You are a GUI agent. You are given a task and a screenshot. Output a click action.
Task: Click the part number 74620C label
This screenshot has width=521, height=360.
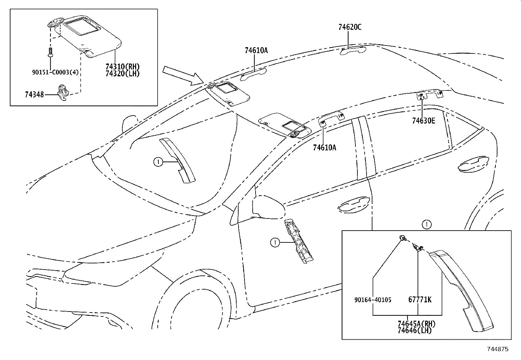350,27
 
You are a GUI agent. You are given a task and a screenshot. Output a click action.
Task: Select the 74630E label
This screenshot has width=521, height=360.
423,121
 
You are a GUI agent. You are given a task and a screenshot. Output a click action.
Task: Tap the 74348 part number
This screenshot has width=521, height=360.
35,95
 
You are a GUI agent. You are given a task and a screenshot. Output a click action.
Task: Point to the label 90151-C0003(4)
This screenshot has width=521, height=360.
55,72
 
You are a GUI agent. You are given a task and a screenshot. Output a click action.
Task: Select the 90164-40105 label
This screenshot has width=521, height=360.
373,300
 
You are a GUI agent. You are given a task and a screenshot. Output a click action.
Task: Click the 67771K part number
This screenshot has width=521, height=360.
420,300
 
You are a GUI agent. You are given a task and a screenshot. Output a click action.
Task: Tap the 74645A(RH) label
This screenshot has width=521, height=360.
417,324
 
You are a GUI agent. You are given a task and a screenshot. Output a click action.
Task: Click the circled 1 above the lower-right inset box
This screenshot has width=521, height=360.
426,225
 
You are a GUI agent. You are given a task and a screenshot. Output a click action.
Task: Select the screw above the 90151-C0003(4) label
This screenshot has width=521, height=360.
50,52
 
